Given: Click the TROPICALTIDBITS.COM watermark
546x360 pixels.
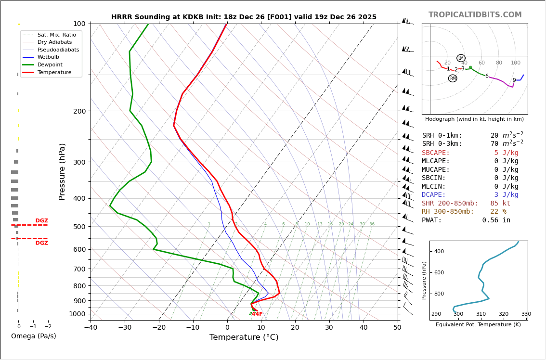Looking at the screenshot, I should pos(475,15).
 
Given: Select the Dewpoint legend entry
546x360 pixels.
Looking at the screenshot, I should pos(51,64).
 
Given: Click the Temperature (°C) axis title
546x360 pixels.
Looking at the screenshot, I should pos(244,337).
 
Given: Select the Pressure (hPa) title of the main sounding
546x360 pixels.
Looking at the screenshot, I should pos(62,171).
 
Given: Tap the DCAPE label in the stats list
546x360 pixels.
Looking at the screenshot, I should pos(434,195).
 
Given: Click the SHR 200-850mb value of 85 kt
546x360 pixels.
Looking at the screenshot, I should pos(500,204).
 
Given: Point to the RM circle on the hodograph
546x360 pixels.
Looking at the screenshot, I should pos(453,78).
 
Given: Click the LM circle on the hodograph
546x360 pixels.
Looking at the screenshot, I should pos(461,58).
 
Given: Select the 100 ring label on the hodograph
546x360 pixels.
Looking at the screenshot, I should pos(516,63).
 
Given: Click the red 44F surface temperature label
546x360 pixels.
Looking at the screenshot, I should pos(257,314).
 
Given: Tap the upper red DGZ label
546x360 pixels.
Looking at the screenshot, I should pos(41,221).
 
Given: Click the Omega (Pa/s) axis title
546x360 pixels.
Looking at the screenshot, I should pos(33,336).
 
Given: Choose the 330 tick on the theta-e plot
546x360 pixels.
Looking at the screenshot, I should pos(526,314).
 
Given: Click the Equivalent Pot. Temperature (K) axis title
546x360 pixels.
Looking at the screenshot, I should pos(478,325).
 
